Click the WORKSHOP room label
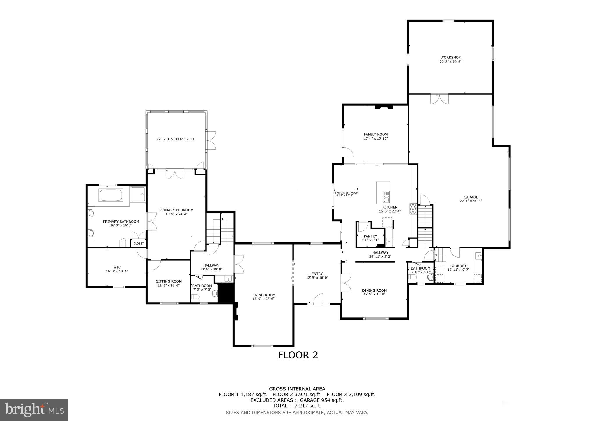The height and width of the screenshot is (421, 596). (x=450, y=58)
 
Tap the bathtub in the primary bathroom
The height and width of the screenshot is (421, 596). (x=111, y=195)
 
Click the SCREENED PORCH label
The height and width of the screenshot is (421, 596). (x=176, y=139)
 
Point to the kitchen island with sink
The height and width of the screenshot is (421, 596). (x=383, y=193)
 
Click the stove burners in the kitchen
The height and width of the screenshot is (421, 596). (x=413, y=209)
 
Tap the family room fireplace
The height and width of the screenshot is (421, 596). (x=383, y=107)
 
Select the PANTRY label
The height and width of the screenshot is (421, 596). (x=370, y=236)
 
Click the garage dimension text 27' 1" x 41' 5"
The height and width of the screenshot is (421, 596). (x=471, y=201)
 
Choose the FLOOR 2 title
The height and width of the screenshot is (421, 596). (x=298, y=355)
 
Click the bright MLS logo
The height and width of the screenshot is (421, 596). (x=34, y=410)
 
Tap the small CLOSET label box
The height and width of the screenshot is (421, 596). (x=139, y=243)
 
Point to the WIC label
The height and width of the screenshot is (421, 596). (x=117, y=267)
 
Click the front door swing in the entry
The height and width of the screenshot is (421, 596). (x=319, y=299)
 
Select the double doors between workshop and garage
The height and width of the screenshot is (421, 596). (x=439, y=99)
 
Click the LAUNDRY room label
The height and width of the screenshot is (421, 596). (x=458, y=266)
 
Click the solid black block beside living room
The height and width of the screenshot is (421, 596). (x=226, y=293)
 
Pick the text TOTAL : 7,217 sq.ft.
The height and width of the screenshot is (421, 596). (x=297, y=406)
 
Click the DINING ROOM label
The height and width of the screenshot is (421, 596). (x=374, y=290)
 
